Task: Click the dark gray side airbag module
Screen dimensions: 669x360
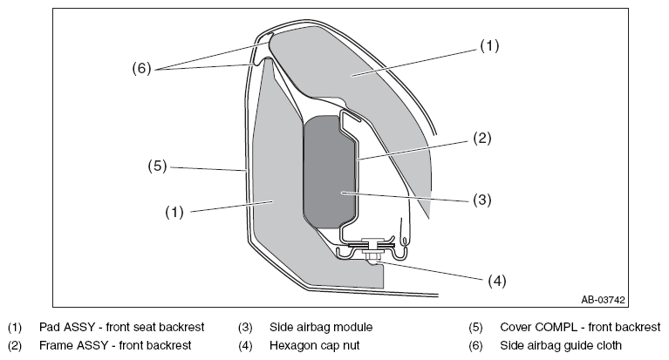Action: tap(329, 172)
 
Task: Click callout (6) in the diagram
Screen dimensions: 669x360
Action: tap(141, 68)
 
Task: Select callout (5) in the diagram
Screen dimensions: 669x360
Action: tap(157, 166)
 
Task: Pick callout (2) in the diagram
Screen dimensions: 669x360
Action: tap(482, 139)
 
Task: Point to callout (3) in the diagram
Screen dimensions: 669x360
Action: tap(482, 200)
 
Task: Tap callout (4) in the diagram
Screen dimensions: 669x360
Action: tap(497, 281)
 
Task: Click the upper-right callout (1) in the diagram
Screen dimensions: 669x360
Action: tap(489, 45)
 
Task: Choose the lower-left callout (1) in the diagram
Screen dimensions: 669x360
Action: tap(174, 212)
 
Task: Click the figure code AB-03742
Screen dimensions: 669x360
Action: tap(603, 300)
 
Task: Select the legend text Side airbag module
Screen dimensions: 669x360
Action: tap(321, 327)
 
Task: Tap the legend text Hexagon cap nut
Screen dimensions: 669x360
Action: tap(315, 345)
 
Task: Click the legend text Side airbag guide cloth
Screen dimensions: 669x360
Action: tap(561, 345)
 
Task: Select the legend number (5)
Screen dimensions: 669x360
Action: tap(475, 328)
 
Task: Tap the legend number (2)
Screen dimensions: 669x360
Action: tap(15, 345)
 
